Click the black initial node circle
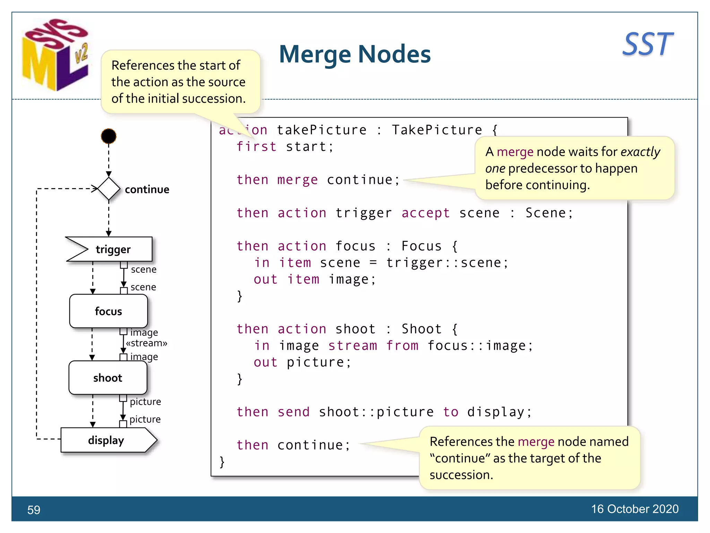point(109,136)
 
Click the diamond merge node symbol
point(109,189)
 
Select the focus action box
point(109,311)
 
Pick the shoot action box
point(108,378)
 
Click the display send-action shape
point(106,440)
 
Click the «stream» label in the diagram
point(146,343)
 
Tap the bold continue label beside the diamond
point(147,189)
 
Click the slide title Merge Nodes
point(355,54)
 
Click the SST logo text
point(647,44)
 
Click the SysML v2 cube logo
point(55,56)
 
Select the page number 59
point(34,510)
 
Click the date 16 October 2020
point(634,509)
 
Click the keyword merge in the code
point(297,180)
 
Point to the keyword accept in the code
point(425,213)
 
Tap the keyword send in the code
point(293,412)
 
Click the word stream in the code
point(352,346)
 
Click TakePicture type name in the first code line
point(437,130)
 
